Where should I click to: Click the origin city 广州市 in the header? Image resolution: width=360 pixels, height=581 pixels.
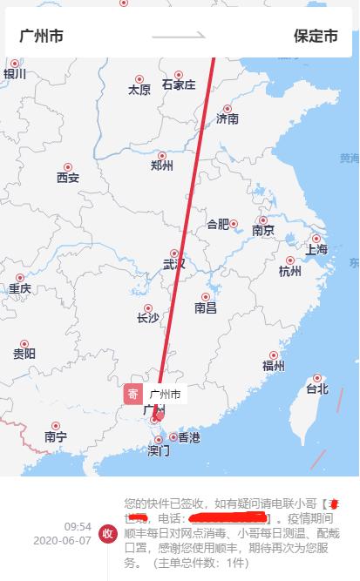[41, 37]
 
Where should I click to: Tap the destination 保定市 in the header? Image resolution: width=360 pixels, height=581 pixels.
[316, 37]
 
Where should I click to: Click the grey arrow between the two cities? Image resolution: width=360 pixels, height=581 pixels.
[179, 37]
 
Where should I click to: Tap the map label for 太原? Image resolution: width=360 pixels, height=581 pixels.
[139, 89]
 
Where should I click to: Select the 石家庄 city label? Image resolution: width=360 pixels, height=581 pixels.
[179, 84]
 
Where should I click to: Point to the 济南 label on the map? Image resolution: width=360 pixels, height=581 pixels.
[228, 118]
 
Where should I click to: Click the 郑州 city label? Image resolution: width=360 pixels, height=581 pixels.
[162, 165]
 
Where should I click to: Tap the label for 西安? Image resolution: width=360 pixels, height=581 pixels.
[67, 178]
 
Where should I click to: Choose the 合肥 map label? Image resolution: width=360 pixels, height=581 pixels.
[218, 224]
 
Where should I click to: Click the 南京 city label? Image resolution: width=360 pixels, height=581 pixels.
[263, 230]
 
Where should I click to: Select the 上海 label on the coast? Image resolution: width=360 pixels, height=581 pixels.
[316, 249]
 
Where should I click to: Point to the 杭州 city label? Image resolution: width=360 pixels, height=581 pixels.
[289, 271]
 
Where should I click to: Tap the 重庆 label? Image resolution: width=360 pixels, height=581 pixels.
[20, 288]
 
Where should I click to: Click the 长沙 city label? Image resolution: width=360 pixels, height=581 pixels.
[147, 318]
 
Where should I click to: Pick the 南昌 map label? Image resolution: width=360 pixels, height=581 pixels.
[206, 307]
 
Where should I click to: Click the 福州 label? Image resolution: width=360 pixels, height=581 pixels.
[274, 366]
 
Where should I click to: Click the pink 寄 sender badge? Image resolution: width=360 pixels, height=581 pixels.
[132, 394]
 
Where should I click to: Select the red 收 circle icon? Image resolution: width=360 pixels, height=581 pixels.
[108, 533]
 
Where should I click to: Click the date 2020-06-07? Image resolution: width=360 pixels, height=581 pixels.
[62, 540]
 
